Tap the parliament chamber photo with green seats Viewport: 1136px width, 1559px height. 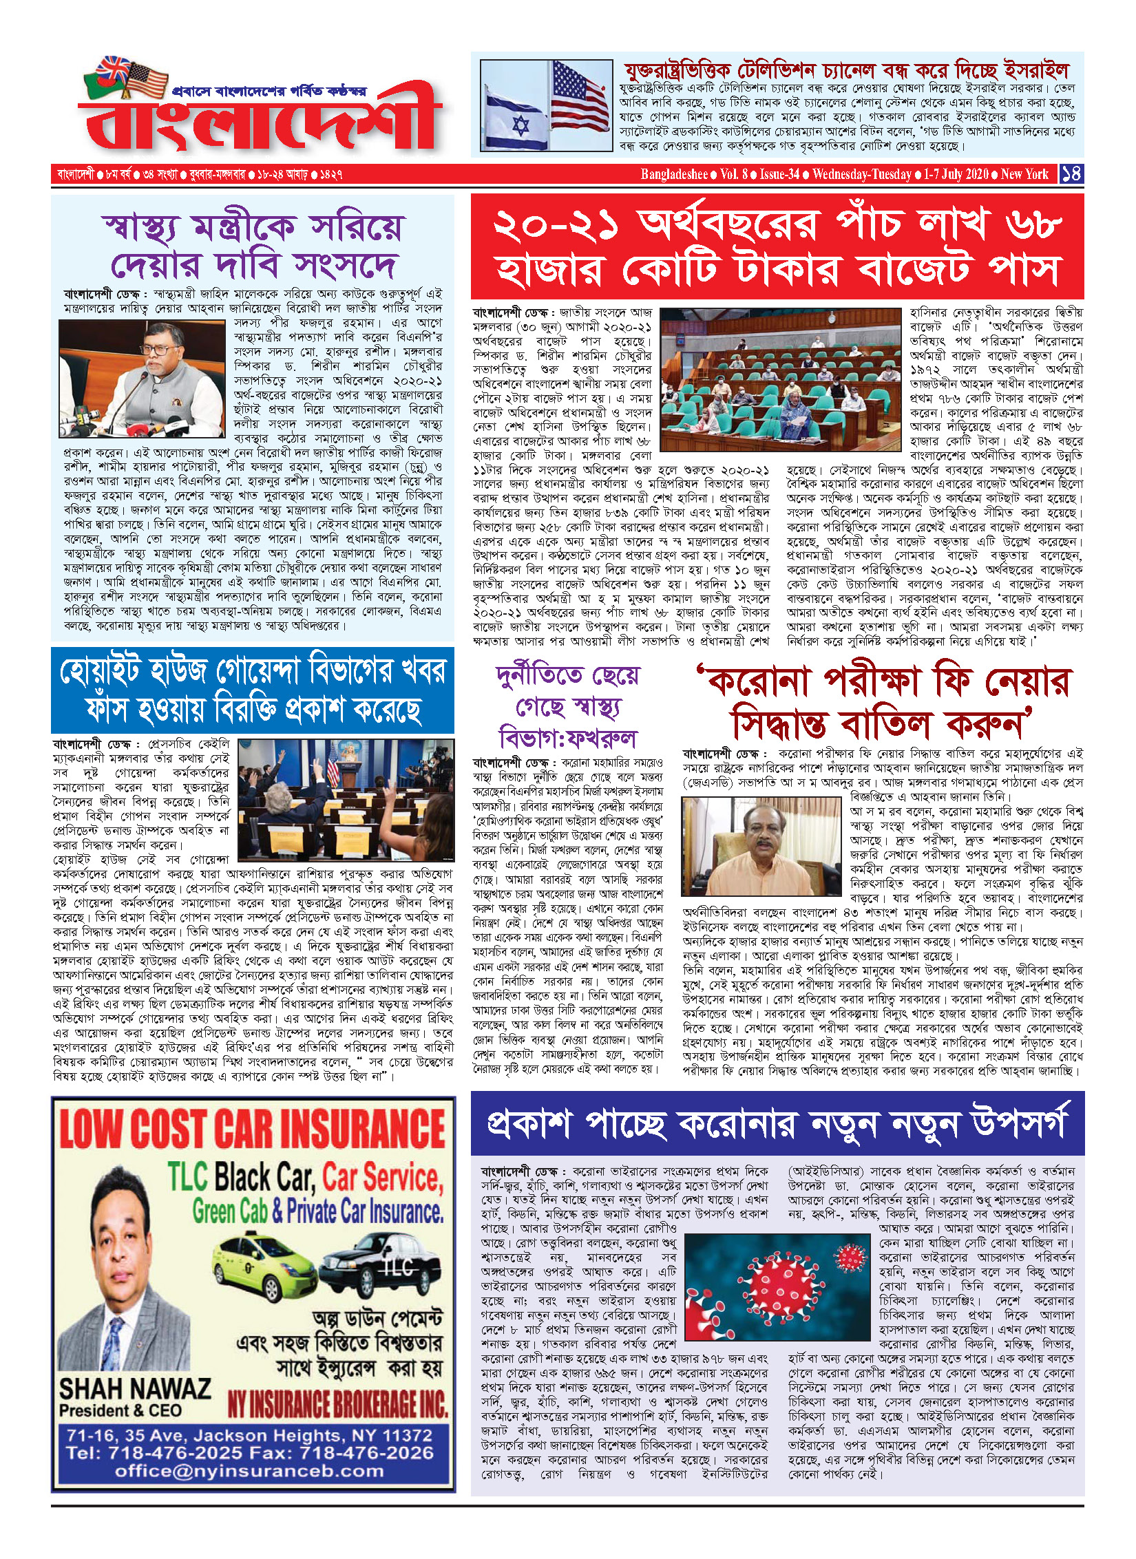[780, 379]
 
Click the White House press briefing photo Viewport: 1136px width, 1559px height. [346, 800]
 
